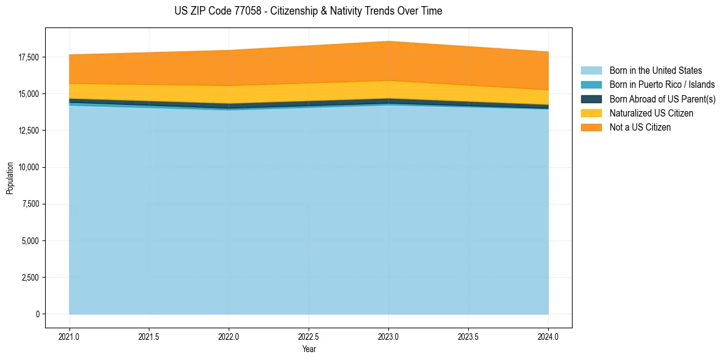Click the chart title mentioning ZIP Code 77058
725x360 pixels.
pyautogui.click(x=308, y=11)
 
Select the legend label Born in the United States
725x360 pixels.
pyautogui.click(x=655, y=71)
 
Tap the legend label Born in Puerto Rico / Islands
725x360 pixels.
pyautogui.click(x=662, y=85)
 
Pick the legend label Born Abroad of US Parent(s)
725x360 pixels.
pyautogui.click(x=662, y=99)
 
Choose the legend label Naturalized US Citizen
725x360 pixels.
pyautogui.click(x=651, y=113)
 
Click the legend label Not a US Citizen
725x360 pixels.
pyautogui.click(x=640, y=128)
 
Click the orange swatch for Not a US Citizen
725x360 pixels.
pyautogui.click(x=591, y=128)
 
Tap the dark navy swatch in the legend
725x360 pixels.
pyautogui.click(x=591, y=99)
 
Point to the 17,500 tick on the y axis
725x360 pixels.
pyautogui.click(x=28, y=57)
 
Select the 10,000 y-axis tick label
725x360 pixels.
pyautogui.click(x=28, y=167)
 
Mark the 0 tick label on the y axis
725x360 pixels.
pyautogui.click(x=37, y=314)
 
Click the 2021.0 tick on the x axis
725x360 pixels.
pyautogui.click(x=70, y=336)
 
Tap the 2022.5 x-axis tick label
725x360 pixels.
pyautogui.click(x=309, y=336)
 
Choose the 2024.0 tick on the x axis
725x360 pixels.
pyautogui.click(x=548, y=336)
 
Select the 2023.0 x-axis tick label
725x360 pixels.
pyautogui.click(x=388, y=336)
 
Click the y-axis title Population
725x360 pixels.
pyautogui.click(x=10, y=178)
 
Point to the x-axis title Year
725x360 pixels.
pyautogui.click(x=309, y=349)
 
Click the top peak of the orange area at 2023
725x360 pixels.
pyautogui.click(x=388, y=42)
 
